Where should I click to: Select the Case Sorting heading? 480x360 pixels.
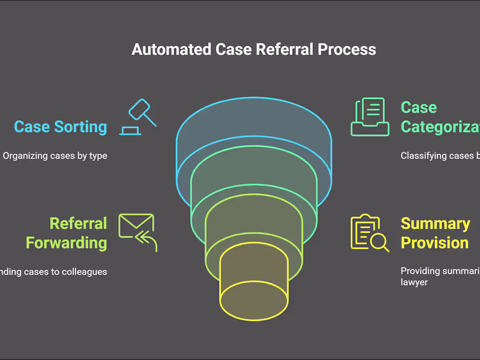[60, 127]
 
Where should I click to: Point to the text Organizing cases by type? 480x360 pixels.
[55, 156]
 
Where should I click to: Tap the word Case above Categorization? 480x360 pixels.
[418, 107]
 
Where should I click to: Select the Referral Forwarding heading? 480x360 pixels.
[66, 233]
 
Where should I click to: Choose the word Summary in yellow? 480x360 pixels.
[435, 223]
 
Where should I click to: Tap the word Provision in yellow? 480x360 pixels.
[434, 243]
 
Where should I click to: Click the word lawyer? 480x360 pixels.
[414, 282]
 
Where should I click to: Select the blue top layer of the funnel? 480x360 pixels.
[254, 118]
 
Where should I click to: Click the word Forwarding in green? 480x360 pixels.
[66, 243]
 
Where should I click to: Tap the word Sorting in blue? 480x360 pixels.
[80, 127]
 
